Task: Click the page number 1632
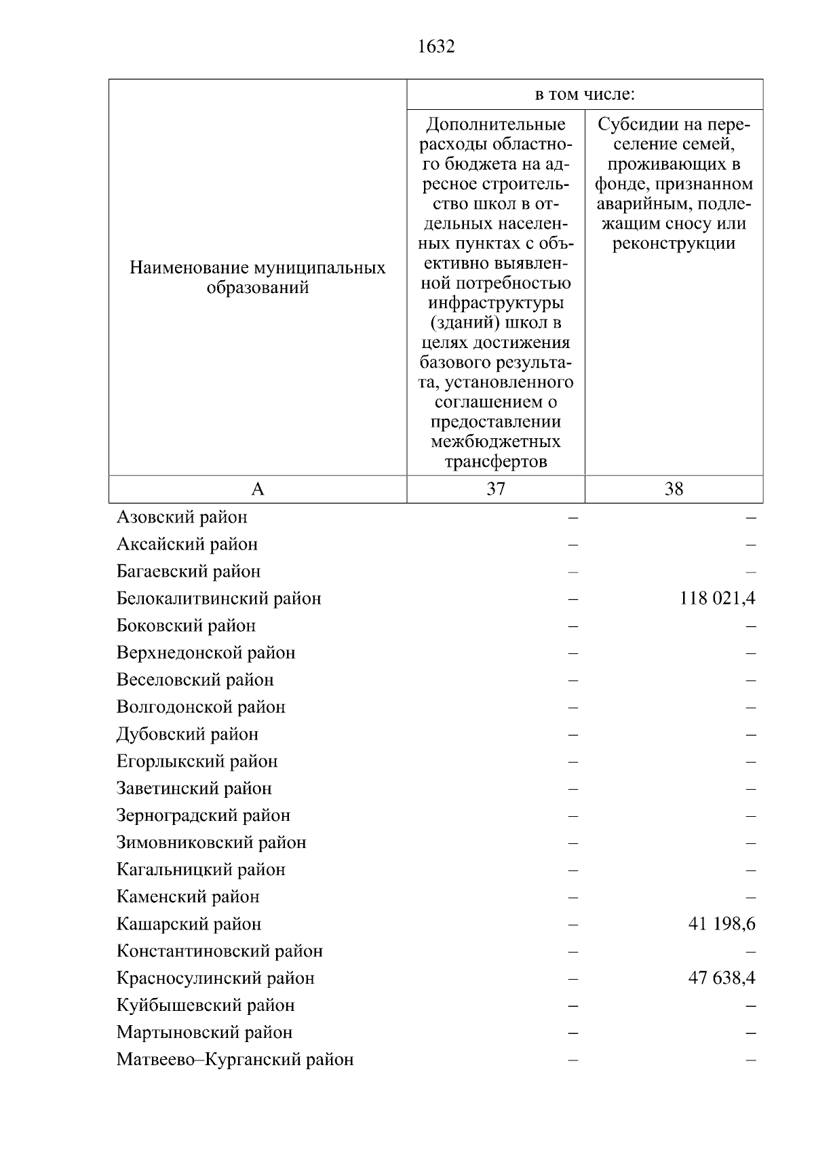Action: pos(436,47)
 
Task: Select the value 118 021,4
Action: pos(717,598)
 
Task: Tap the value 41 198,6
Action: pos(722,924)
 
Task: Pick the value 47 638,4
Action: pos(722,978)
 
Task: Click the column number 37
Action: pos(496,489)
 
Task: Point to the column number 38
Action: pos(674,489)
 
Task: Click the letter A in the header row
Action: pos(258,489)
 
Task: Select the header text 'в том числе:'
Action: pos(585,95)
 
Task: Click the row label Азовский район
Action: pos(182,518)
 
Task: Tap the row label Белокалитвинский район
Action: pos(218,599)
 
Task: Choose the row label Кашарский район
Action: pos(189,925)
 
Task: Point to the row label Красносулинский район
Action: pos(215,979)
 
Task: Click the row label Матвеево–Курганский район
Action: pos(235,1060)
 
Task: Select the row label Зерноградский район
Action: pos(203,816)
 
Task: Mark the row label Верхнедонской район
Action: pos(206,653)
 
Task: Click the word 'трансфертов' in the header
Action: pos(496,463)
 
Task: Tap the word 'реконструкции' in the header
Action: pos(674,244)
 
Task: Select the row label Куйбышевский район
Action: pos(206,1006)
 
